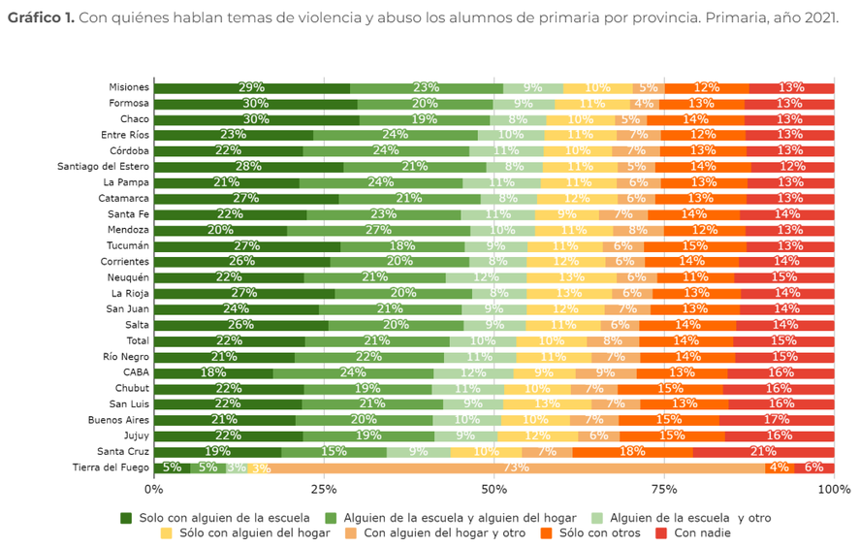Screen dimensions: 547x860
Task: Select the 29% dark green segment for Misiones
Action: [251, 88]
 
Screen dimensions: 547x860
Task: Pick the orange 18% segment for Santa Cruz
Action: [632, 452]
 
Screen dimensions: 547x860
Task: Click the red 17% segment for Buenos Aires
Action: [776, 420]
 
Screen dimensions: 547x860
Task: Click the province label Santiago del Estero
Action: [105, 167]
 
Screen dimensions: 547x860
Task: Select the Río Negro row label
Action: [126, 357]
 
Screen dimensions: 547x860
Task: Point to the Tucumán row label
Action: [127, 246]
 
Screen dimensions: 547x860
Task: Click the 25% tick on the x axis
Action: [324, 489]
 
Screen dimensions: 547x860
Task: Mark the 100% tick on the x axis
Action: [833, 489]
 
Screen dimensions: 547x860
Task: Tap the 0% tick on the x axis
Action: [154, 489]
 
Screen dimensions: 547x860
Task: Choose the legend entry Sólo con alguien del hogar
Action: [254, 532]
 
